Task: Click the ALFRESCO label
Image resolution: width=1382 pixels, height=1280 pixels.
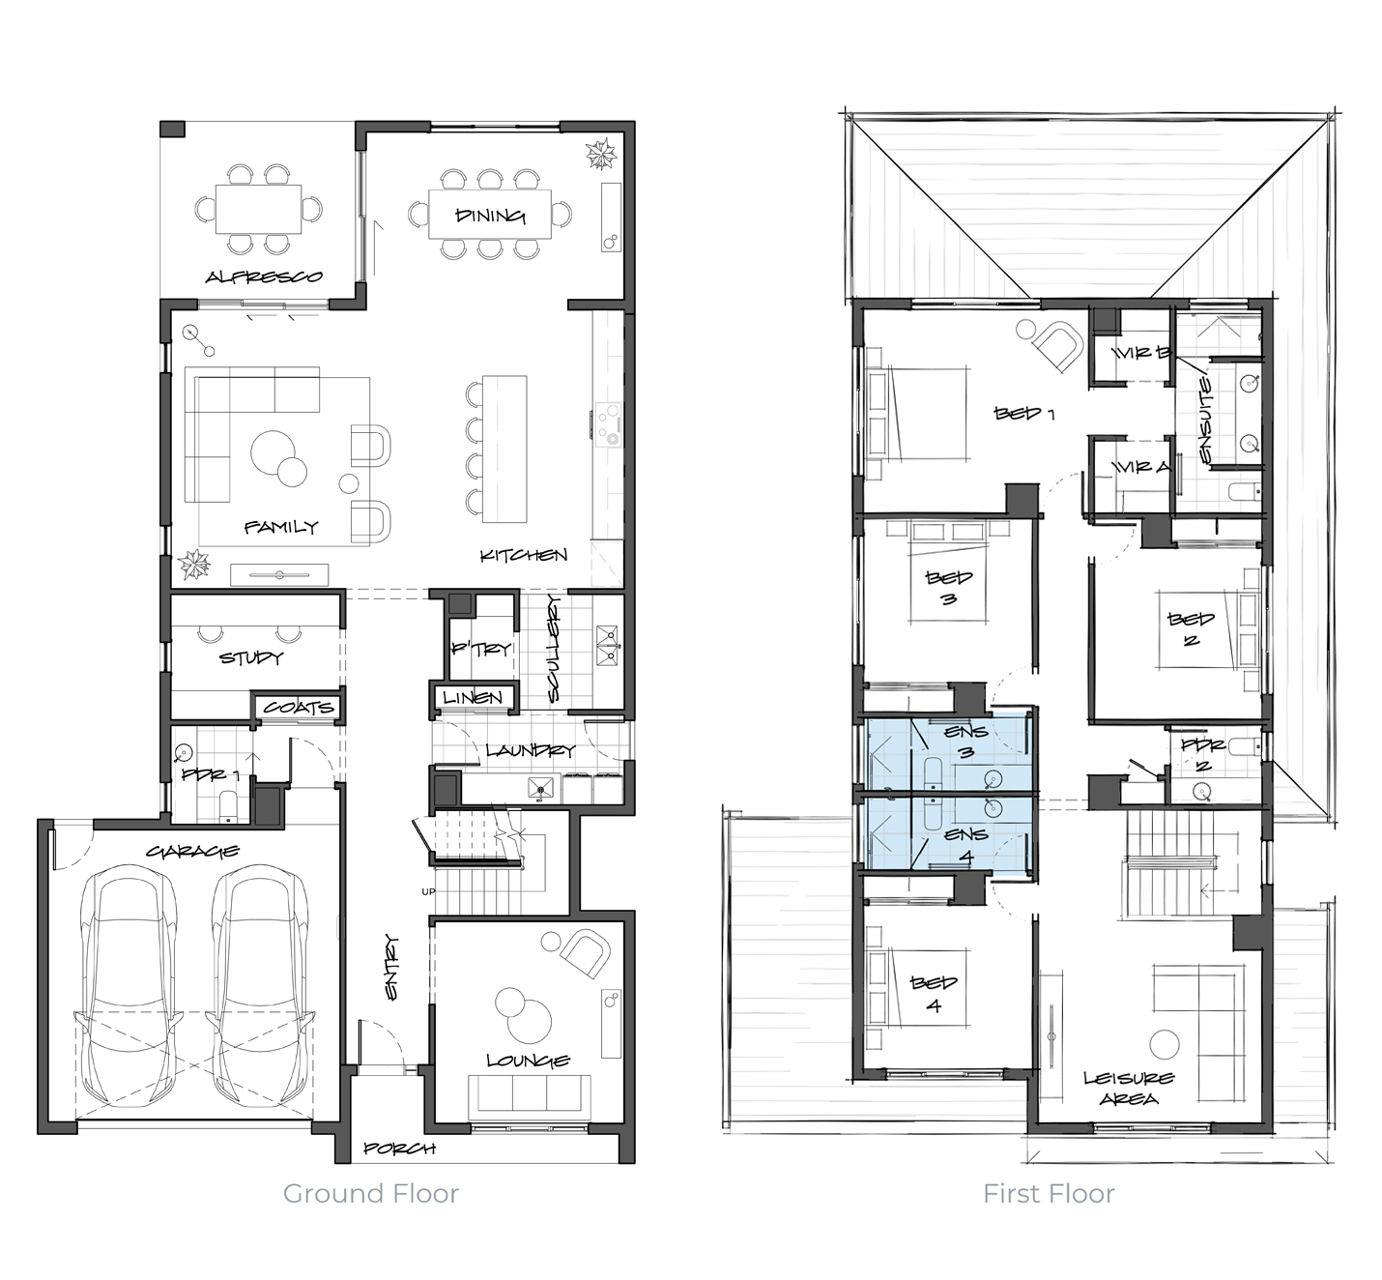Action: click(264, 276)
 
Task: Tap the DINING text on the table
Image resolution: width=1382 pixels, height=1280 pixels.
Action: click(490, 216)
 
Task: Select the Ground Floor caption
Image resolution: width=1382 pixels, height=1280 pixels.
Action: click(371, 1194)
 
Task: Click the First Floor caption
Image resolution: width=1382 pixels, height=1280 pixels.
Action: click(1049, 1194)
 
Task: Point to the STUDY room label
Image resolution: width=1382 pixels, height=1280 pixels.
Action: click(251, 657)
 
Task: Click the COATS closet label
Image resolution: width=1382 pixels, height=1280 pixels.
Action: click(299, 708)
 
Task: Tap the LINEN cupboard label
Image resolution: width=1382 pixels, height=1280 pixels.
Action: click(473, 697)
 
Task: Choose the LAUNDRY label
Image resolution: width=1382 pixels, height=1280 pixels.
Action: click(531, 750)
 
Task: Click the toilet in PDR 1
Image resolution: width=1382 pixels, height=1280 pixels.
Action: click(228, 807)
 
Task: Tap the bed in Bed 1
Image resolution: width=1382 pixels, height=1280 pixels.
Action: click(918, 414)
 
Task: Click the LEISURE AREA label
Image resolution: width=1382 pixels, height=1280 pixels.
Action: click(1130, 1089)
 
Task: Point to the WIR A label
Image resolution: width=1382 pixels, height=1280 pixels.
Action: click(1141, 468)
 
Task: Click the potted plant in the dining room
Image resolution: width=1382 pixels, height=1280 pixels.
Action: click(600, 154)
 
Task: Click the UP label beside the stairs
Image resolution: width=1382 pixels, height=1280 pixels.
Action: click(428, 891)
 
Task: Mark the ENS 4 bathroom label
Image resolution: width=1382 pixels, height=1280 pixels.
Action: click(966, 845)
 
